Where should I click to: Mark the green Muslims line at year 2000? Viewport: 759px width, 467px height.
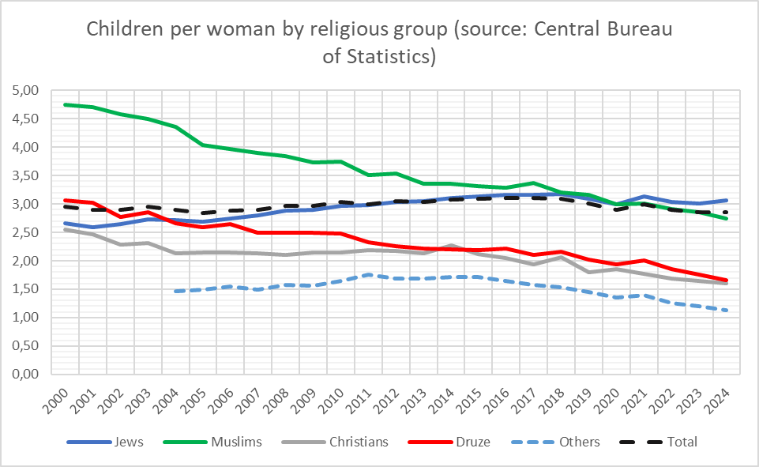66,104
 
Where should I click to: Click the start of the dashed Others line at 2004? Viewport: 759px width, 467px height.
175,291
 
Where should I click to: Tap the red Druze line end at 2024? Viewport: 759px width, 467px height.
726,280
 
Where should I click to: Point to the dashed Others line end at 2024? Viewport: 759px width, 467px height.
726,310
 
